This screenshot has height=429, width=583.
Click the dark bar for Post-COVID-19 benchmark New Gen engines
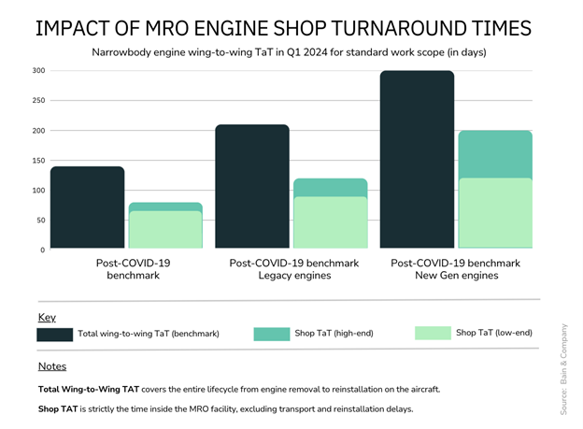(x=418, y=160)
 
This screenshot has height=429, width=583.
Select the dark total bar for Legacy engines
(x=252, y=187)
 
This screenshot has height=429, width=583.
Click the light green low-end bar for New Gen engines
(x=494, y=213)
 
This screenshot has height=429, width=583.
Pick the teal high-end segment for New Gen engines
(x=494, y=154)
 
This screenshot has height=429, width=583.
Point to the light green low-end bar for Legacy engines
(x=330, y=222)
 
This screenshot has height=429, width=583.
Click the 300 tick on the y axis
(x=38, y=71)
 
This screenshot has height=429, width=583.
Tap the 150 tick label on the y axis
(x=38, y=161)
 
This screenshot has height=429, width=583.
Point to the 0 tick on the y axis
(x=42, y=250)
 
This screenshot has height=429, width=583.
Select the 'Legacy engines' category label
(x=293, y=276)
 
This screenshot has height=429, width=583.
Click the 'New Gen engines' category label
(x=455, y=276)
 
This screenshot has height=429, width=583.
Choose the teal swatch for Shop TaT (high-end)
(x=271, y=334)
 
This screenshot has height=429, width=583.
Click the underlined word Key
(x=47, y=318)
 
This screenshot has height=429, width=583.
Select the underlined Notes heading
(x=52, y=366)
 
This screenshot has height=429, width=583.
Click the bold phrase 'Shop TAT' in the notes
(x=61, y=409)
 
